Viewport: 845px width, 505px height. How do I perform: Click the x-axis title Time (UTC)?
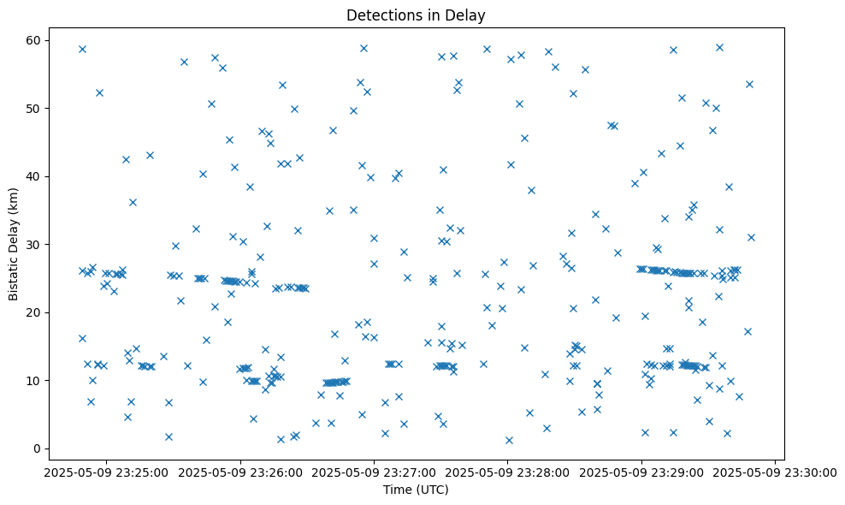[416, 490]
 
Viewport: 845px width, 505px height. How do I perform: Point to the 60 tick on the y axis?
[35, 40]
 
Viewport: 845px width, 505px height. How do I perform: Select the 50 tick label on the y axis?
[35, 109]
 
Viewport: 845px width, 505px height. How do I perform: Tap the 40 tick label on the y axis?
[35, 176]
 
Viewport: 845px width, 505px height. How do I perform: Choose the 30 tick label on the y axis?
[35, 245]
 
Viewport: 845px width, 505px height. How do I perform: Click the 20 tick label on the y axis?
[35, 312]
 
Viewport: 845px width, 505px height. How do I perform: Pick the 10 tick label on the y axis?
[35, 380]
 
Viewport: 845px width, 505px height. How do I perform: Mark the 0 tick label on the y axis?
[38, 449]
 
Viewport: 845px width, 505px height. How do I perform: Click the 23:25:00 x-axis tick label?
[106, 472]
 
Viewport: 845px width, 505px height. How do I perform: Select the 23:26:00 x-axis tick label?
[240, 472]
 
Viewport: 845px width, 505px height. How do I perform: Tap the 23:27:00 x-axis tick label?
[374, 472]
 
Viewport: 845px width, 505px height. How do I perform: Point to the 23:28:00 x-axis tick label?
[508, 472]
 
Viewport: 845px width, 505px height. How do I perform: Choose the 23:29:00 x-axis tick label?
[641, 472]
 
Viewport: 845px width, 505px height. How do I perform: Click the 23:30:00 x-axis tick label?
[776, 472]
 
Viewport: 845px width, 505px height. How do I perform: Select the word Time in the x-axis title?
[398, 490]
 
